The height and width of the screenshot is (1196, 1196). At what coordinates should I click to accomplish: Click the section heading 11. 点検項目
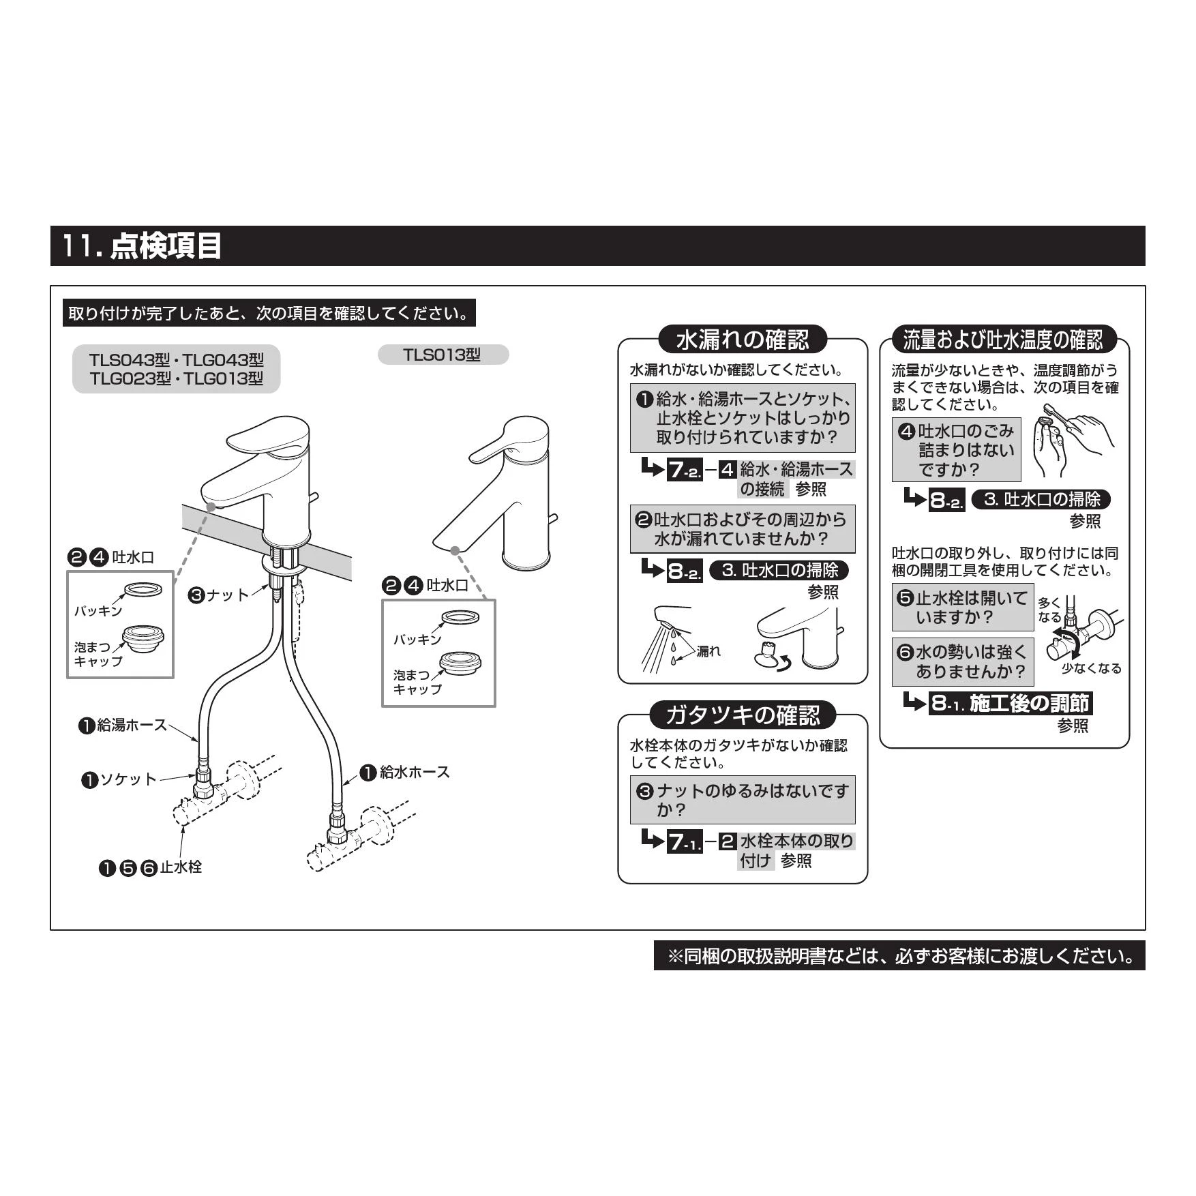coord(142,245)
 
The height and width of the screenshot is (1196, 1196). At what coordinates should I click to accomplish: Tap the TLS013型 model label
coord(443,355)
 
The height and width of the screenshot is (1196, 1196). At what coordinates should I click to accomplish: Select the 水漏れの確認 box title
coord(743,340)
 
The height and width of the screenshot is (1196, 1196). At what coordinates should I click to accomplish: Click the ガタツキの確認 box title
coord(743,715)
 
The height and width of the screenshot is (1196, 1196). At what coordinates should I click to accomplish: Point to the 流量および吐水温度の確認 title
coord(1003,339)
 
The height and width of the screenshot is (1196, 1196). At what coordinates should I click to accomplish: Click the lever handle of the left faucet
coord(268,437)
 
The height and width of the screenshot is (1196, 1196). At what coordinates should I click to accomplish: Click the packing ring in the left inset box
coord(143,590)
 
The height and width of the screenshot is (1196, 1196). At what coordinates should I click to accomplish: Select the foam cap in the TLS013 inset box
coord(461,665)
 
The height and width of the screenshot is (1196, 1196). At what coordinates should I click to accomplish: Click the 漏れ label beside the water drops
coord(708,651)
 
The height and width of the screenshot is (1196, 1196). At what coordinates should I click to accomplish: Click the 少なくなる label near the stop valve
coord(1091,668)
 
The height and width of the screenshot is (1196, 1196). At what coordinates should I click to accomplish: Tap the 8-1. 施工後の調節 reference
coord(1010,703)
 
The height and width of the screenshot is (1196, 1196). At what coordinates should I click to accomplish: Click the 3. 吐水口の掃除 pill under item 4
coord(1041,499)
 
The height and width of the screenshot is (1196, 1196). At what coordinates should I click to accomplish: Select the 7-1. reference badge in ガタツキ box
coord(684,841)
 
